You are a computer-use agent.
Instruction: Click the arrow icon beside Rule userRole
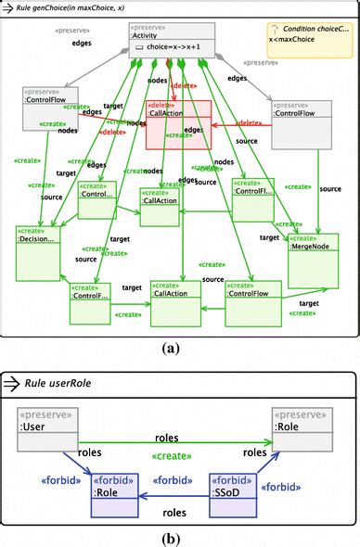[12, 382]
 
